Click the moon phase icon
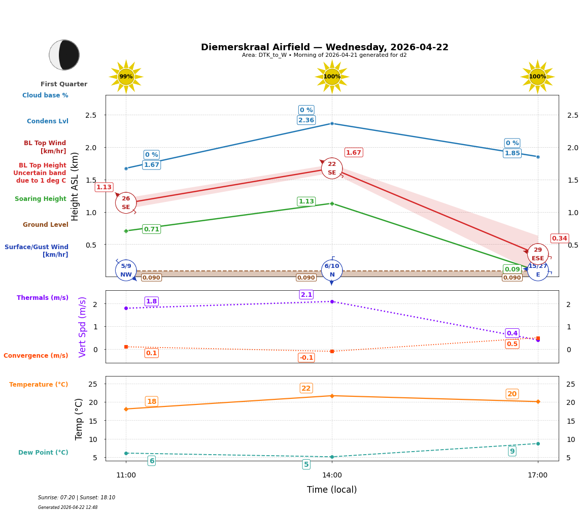pos(64,55)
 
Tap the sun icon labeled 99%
pos(126,77)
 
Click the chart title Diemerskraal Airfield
pos(325,47)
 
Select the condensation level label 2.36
pos(306,120)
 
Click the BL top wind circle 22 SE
pos(332,168)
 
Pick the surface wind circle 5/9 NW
pos(126,270)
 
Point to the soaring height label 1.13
pos(306,201)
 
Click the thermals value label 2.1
pos(306,295)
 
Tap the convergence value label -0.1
pos(306,358)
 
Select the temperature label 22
pos(306,388)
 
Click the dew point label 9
pos(512,451)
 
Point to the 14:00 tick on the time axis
pos(332,475)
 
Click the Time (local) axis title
pos(332,490)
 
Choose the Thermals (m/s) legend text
pos(43,298)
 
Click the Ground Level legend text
pos(46,225)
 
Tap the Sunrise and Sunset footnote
pos(77,498)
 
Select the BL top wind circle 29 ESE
pos(538,254)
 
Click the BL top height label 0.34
pos(560,238)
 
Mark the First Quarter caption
pos(64,84)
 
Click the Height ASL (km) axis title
pos(75,186)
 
